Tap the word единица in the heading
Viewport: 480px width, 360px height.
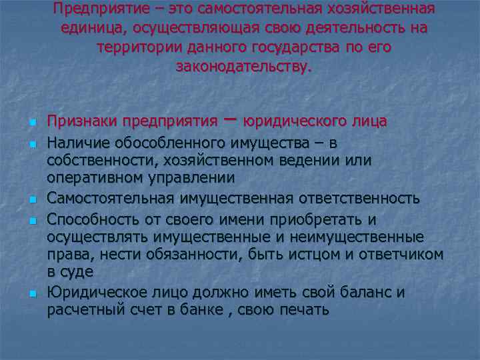click(x=91, y=29)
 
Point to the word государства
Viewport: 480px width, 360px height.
click(x=303, y=48)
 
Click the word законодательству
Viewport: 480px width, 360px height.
click(x=243, y=67)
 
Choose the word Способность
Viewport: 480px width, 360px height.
click(x=91, y=219)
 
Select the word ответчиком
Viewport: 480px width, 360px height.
click(x=403, y=254)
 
